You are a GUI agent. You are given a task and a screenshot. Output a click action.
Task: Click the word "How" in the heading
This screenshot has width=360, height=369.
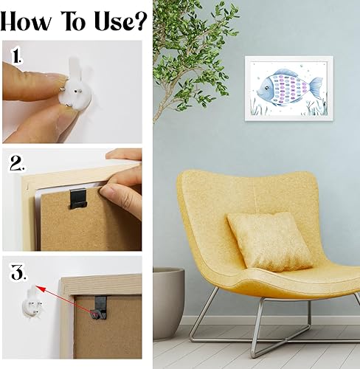(x=26, y=21)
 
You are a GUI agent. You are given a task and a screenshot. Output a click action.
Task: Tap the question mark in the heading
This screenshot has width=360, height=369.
(x=140, y=21)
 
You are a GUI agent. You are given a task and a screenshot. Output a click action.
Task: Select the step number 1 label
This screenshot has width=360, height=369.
(x=17, y=56)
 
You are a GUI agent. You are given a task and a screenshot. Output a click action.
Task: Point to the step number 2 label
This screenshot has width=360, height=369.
(x=17, y=163)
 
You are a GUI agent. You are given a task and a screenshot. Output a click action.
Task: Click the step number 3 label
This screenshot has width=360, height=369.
(x=18, y=272)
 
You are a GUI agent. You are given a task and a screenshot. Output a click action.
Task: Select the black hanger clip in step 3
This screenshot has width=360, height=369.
(x=100, y=308)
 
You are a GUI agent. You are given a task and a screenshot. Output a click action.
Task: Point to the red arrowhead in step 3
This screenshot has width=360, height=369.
(x=40, y=289)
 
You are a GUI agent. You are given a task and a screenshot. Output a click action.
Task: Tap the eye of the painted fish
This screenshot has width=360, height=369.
(x=266, y=88)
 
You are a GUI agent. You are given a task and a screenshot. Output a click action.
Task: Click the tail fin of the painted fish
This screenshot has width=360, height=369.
(x=316, y=88)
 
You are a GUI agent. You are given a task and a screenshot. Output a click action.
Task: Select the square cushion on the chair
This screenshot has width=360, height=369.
(x=270, y=241)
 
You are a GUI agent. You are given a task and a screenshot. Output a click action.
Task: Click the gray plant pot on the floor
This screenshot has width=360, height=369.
(x=168, y=303)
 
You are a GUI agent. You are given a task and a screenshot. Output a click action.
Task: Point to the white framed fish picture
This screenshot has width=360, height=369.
(x=289, y=89)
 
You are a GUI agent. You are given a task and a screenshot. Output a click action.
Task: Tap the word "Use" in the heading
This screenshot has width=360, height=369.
(x=112, y=21)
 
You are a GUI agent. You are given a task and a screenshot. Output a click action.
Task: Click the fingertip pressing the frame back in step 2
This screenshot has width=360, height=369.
(x=108, y=190)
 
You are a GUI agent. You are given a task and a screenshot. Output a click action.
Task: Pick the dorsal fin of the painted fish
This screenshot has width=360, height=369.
(x=286, y=72)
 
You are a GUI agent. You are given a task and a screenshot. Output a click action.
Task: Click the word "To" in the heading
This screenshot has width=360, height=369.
(x=74, y=21)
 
